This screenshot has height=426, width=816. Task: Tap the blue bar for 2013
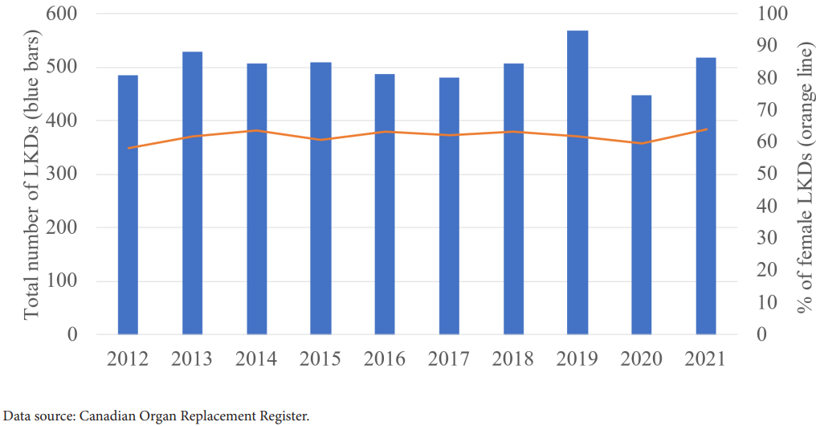pos(192,193)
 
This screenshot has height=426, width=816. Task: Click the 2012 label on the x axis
pos(128,358)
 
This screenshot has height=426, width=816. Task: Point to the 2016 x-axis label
pos(385,358)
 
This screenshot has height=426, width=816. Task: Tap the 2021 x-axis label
pos(705,358)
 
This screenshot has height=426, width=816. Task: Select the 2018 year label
pos(513,358)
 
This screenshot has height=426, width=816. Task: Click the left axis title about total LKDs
pos(31,174)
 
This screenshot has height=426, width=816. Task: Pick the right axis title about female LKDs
pos(803,174)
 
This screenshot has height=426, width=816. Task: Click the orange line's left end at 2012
pos(128,148)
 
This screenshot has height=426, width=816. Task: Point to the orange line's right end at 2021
pos(706,129)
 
